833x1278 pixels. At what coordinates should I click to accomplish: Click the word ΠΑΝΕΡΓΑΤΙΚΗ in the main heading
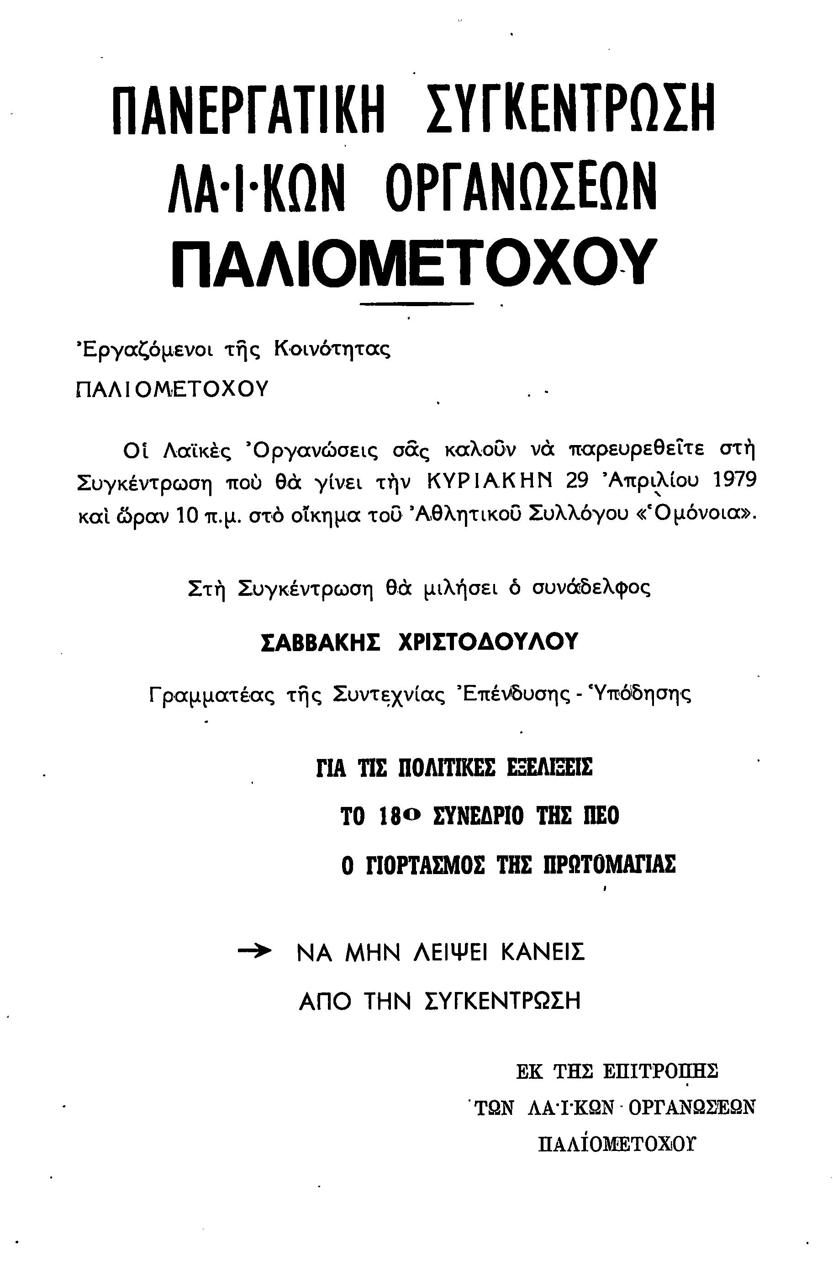point(249,110)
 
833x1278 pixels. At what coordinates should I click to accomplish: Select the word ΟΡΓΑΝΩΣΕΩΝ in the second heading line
point(521,186)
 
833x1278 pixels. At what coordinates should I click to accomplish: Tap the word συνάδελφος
point(591,589)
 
